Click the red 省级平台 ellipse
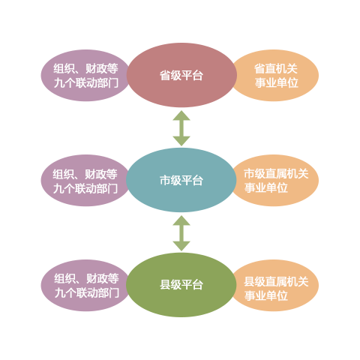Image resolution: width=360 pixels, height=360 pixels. (181, 75)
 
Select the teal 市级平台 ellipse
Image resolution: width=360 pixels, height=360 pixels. (181, 180)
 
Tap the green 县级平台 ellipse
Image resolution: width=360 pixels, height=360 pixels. (181, 285)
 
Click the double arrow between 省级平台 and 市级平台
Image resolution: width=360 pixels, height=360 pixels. (181, 128)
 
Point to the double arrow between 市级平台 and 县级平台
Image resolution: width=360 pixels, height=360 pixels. (181, 233)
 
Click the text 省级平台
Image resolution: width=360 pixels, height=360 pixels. (181, 75)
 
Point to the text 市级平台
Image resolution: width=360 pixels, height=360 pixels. (181, 180)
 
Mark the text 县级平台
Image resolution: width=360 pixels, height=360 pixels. (181, 285)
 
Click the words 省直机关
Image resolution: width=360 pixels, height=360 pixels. (276, 69)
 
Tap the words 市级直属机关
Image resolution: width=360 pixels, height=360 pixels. (276, 173)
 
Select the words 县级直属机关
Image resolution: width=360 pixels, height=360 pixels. (276, 282)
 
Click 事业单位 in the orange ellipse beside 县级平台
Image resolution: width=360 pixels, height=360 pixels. (266, 295)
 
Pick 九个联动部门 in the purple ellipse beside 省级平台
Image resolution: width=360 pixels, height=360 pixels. (86, 82)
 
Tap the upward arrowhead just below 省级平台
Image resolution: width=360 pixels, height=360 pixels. (181, 115)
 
